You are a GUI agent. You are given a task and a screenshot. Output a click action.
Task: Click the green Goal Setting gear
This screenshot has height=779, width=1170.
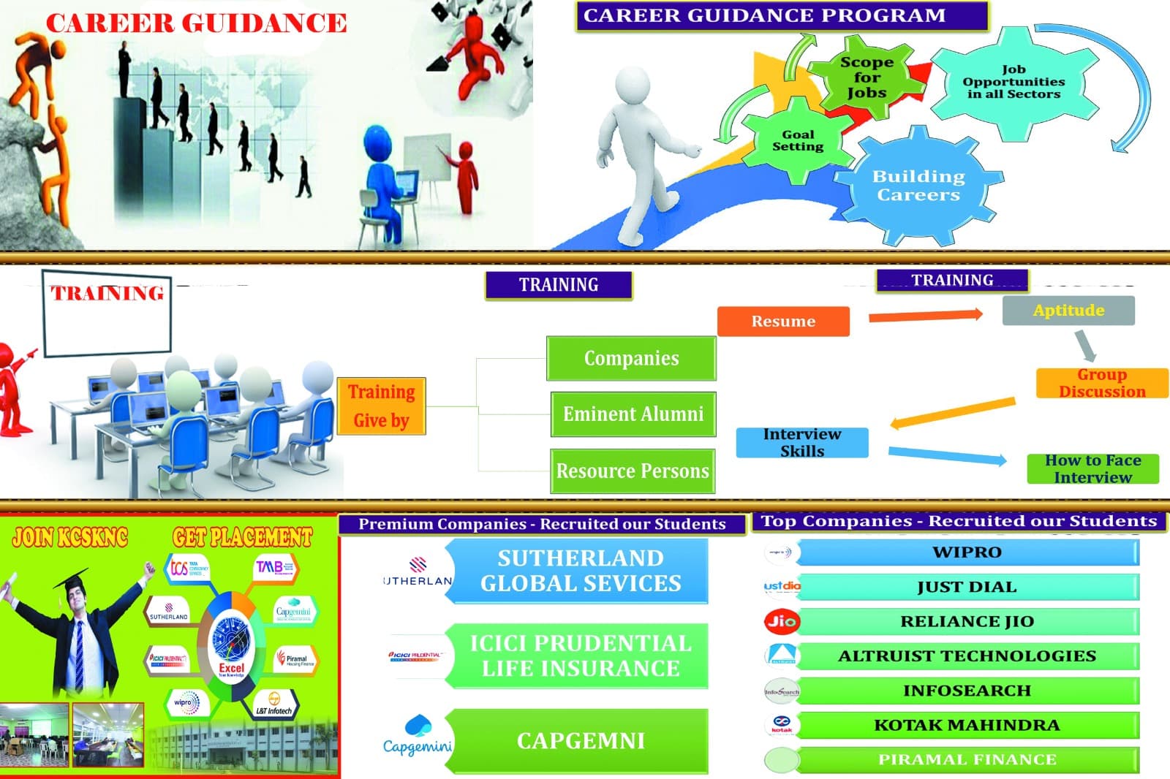798,140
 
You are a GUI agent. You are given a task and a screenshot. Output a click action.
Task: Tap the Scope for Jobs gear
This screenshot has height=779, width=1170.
867,77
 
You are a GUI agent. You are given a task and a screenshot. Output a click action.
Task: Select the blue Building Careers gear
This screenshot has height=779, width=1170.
918,186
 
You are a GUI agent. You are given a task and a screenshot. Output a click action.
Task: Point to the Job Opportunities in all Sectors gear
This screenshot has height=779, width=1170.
1014,82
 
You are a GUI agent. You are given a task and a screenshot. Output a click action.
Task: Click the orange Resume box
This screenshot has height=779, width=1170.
783,322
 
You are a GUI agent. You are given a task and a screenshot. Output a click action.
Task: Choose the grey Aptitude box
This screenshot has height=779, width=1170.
1068,311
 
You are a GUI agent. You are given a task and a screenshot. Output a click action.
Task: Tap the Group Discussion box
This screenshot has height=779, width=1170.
1101,383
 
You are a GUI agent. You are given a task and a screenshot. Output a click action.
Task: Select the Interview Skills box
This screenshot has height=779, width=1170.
802,443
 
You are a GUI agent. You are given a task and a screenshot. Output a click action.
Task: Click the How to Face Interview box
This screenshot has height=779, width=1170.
1092,468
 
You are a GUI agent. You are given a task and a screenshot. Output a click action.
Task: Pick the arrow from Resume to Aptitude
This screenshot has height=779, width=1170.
925,316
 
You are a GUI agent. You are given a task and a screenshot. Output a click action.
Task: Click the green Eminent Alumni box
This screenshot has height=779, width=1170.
633,414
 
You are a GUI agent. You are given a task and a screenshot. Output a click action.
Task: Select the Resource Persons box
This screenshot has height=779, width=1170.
633,471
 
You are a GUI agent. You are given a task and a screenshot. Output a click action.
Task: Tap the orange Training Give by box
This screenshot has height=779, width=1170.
381,406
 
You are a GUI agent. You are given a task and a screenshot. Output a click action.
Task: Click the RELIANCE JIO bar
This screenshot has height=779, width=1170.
967,622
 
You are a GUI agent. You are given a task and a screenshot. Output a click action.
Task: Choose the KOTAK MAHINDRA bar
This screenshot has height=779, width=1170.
967,726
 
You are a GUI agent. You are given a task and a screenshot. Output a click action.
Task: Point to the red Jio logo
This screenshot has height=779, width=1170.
781,621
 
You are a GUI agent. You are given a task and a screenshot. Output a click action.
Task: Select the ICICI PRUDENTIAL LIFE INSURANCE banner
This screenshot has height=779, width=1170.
581,656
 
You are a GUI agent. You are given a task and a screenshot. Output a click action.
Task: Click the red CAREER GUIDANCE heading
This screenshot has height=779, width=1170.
196,23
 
